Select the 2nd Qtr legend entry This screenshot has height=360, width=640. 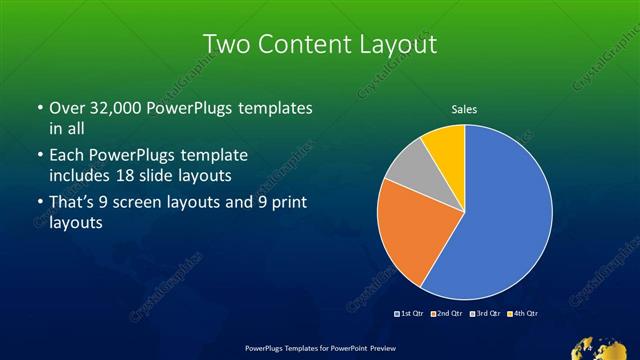click(448, 314)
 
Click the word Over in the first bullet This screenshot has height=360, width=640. click(67, 107)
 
